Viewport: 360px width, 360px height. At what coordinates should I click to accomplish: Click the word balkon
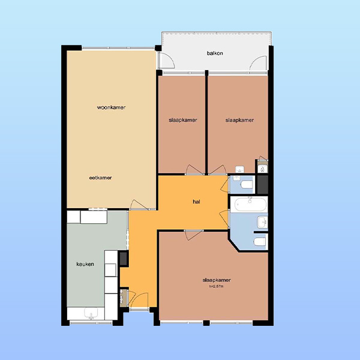coord(215,53)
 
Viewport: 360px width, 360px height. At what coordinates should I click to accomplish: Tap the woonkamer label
coord(111,107)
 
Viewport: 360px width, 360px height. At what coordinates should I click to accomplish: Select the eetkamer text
coord(100,178)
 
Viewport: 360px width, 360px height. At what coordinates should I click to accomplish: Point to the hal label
coord(196,202)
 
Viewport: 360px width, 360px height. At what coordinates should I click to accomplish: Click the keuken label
coord(85,264)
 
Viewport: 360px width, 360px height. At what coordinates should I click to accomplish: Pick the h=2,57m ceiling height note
coord(216,286)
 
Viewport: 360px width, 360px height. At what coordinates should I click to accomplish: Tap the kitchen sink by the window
coord(91,313)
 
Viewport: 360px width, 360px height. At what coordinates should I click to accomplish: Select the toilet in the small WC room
coord(247,184)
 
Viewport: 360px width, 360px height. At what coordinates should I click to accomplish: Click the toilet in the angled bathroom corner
coord(260,242)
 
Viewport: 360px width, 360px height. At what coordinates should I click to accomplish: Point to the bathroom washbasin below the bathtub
coord(262,222)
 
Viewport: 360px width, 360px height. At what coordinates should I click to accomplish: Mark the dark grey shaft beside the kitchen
coord(124,259)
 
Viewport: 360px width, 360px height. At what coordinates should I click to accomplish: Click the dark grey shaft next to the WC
coord(262,185)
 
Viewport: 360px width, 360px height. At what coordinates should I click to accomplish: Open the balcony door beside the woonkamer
coord(166,60)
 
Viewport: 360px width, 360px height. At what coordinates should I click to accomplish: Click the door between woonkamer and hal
coord(139,205)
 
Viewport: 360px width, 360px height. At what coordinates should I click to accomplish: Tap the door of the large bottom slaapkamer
coord(194,235)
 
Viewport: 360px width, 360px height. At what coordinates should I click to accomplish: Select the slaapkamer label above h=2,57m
coord(217,280)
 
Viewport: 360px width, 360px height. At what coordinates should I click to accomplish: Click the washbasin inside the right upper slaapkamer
coord(239,169)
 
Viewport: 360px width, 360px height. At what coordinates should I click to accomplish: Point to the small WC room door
coord(224,184)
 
